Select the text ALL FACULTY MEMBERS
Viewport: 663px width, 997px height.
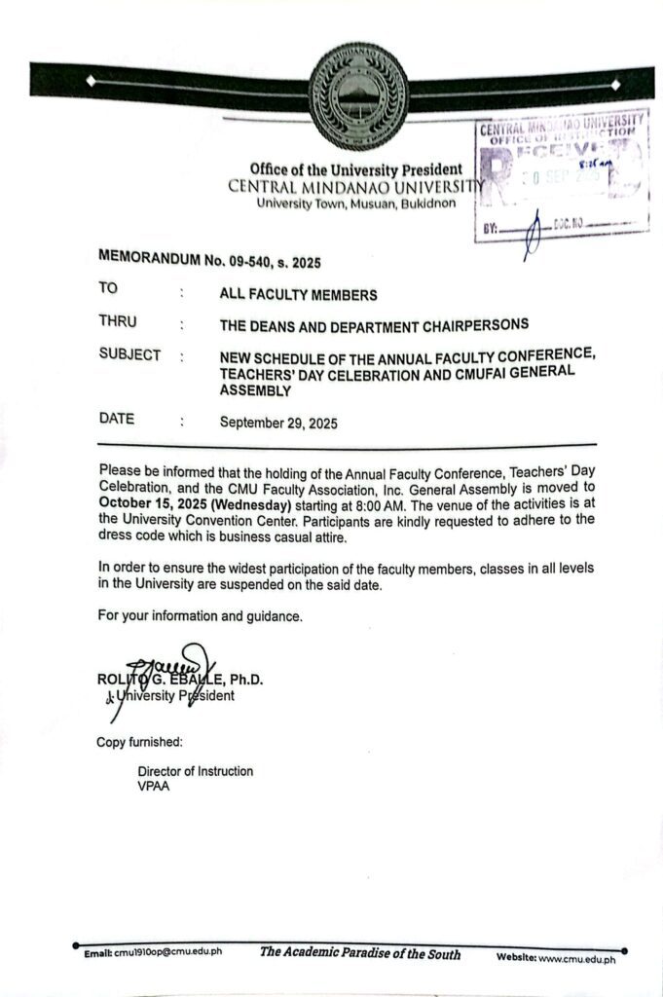pyautogui.click(x=298, y=295)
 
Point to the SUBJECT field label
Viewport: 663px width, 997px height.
pyautogui.click(x=129, y=355)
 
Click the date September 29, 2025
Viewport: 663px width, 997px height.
pyautogui.click(x=278, y=423)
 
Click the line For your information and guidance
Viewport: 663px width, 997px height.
pyautogui.click(x=201, y=615)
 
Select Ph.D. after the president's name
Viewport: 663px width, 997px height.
pyautogui.click(x=246, y=680)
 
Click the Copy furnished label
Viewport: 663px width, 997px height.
pyautogui.click(x=139, y=743)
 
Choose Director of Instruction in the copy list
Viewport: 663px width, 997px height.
pyautogui.click(x=195, y=771)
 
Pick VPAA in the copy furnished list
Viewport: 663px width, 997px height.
pyautogui.click(x=154, y=786)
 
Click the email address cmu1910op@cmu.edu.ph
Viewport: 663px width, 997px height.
pyautogui.click(x=166, y=951)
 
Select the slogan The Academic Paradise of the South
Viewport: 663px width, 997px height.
pyautogui.click(x=359, y=952)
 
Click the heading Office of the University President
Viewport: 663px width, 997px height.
pyautogui.click(x=355, y=169)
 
